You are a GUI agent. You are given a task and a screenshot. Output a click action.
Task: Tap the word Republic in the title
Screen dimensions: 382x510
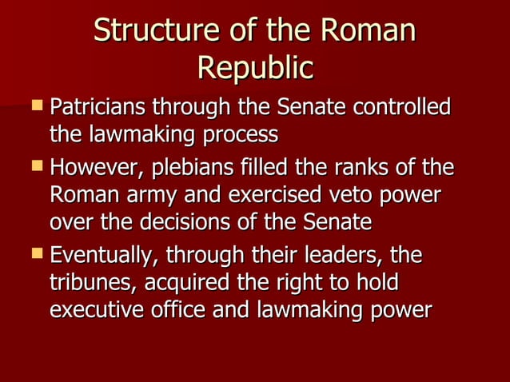[254, 68]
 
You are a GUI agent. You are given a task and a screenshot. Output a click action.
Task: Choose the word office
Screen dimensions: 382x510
[182, 310]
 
